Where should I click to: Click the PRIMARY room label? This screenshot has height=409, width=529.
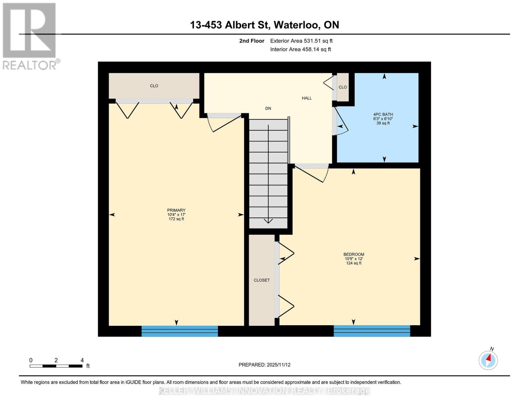pos(176,210)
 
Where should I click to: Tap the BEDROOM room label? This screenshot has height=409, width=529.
pos(354,254)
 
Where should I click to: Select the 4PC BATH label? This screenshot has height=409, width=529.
pos(383,115)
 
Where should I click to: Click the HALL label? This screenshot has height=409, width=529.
pos(307,98)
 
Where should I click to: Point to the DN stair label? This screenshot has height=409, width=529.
pos(268,108)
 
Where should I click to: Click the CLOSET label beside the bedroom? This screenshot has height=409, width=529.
pos(262,280)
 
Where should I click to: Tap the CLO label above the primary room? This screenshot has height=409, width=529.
pos(154,86)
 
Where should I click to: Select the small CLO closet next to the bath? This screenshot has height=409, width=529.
pos(343,87)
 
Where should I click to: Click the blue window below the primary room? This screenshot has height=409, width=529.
pos(180,331)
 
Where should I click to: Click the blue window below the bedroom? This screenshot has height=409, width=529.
pos(372,331)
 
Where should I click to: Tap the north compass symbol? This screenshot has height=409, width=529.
pos(488,360)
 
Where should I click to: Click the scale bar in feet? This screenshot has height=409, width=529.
pos(56,366)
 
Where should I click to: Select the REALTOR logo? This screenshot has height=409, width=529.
pos(30,36)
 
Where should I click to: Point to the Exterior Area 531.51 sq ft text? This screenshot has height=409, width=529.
pos(301,41)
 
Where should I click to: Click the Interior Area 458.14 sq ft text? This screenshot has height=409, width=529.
pos(300,49)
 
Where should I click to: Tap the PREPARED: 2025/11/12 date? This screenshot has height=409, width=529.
pos(264,365)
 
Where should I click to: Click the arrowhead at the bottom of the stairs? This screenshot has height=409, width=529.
pos(268,221)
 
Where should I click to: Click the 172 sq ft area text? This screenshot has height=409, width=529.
pos(176,219)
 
